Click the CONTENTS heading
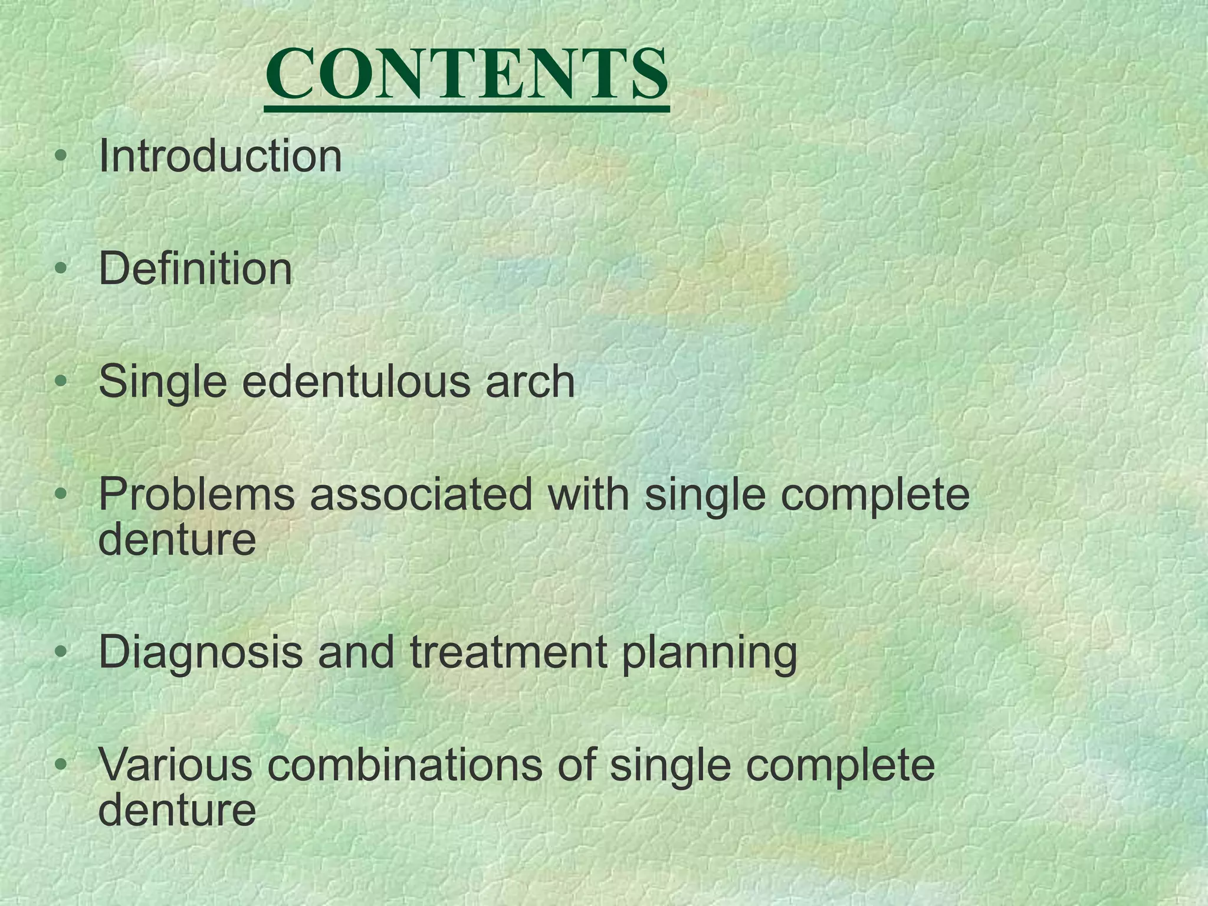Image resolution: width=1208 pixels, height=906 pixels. (467, 75)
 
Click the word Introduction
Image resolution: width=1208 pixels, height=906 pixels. (220, 156)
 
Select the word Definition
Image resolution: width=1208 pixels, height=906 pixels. (195, 269)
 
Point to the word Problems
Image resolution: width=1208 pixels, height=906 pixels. (196, 494)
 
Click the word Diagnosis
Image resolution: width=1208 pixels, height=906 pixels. (201, 654)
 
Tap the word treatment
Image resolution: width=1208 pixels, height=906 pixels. (507, 652)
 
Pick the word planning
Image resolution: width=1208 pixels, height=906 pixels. (710, 654)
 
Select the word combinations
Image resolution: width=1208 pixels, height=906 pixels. (404, 764)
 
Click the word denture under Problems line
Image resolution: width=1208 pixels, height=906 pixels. (177, 539)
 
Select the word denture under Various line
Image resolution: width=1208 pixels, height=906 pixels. (177, 809)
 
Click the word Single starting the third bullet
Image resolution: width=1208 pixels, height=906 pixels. (163, 382)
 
